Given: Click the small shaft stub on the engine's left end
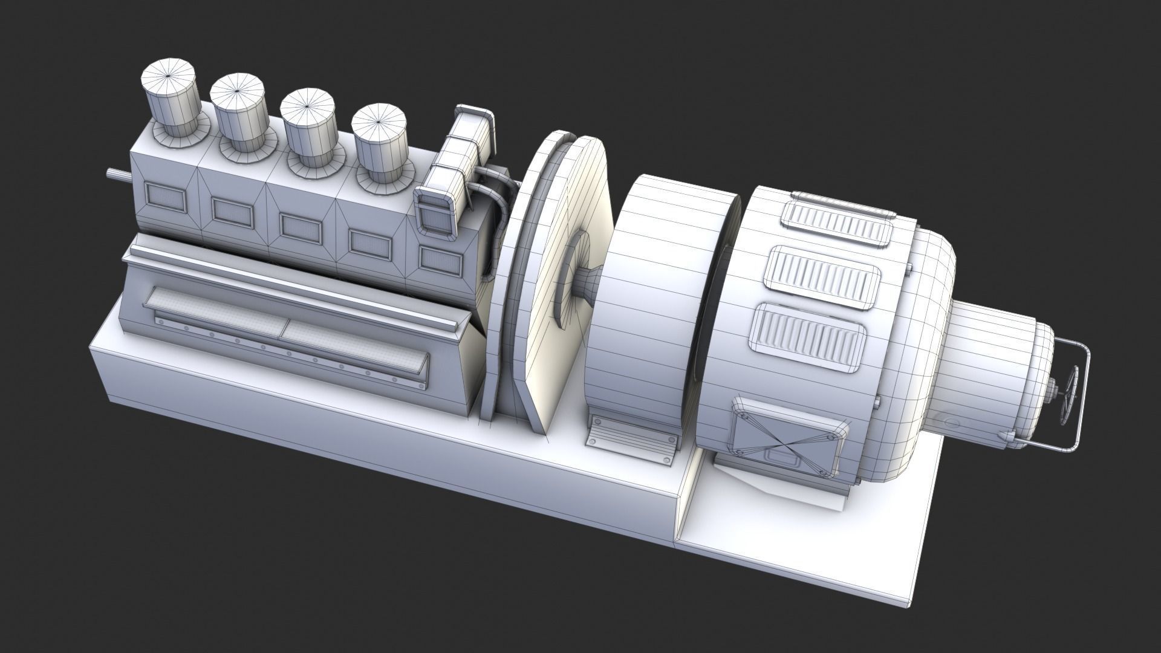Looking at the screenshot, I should (x=117, y=174).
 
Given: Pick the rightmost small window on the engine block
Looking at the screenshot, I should (x=441, y=259).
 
